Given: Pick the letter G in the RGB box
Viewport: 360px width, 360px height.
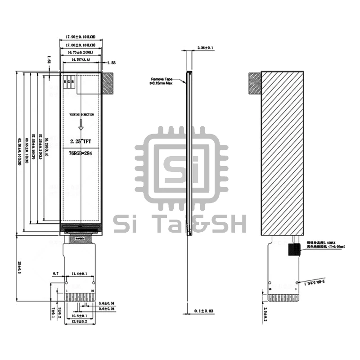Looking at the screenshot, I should point(69,82).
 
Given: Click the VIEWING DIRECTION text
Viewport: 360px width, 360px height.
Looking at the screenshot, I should point(82,115).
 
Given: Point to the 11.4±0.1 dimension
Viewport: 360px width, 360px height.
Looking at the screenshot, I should point(79,274).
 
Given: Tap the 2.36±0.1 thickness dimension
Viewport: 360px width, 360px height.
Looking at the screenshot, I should point(205,47).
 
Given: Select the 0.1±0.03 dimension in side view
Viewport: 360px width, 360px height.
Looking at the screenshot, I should point(205,311).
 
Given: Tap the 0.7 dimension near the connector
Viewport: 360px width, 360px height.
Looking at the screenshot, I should point(56,274).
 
